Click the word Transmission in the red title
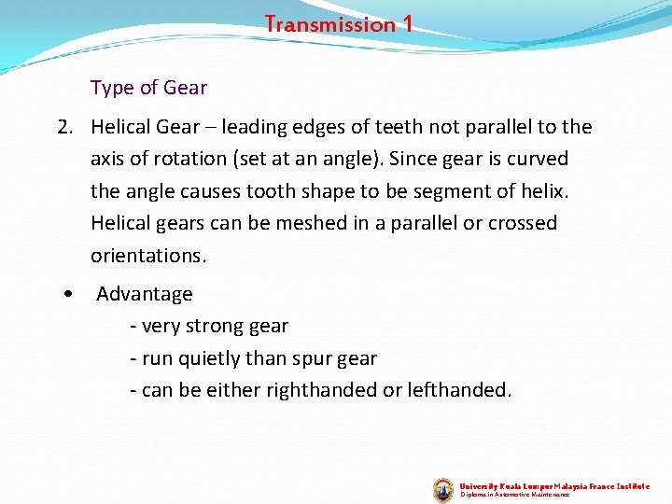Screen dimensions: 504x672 [x=330, y=24]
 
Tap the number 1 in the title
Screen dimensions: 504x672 [x=407, y=24]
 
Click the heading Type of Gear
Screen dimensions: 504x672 [x=148, y=88]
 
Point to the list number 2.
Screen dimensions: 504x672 [x=64, y=127]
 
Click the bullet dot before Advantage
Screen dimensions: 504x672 [x=69, y=294]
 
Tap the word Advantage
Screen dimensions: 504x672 [x=144, y=294]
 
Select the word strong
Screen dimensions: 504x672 [x=216, y=326]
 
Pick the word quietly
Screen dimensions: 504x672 [x=205, y=357]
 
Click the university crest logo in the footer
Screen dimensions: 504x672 [x=443, y=490]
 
